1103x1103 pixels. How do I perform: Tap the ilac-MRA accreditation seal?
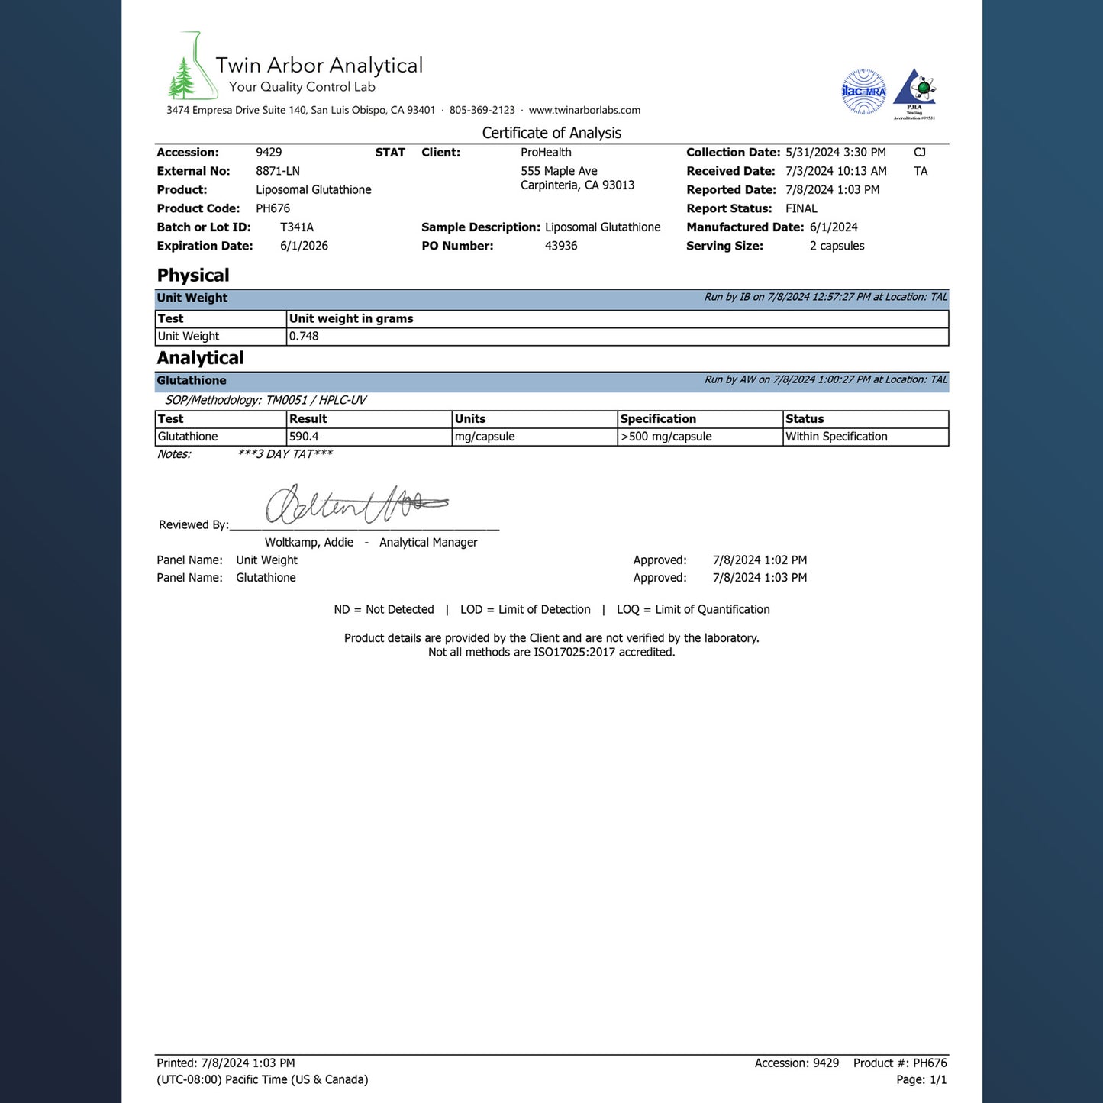pyautogui.click(x=863, y=92)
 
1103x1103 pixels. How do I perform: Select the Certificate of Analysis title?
pyautogui.click(x=551, y=133)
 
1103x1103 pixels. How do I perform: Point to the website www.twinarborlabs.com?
pyautogui.click(x=584, y=110)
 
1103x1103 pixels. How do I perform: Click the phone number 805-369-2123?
pyautogui.click(x=482, y=110)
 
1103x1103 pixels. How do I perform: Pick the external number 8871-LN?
pyautogui.click(x=277, y=171)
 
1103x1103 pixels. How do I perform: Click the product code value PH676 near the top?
pyautogui.click(x=273, y=208)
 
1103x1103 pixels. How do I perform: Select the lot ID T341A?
pyautogui.click(x=297, y=227)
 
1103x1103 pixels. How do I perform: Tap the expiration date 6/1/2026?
pyautogui.click(x=304, y=246)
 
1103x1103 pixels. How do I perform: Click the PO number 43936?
pyautogui.click(x=561, y=246)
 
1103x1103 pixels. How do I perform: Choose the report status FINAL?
pyautogui.click(x=801, y=208)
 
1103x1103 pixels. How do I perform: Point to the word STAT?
pyautogui.click(x=390, y=153)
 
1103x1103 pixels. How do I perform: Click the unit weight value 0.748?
pyautogui.click(x=304, y=337)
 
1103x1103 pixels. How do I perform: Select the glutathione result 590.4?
pyautogui.click(x=304, y=437)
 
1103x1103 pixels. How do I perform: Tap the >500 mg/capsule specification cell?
pyautogui.click(x=666, y=437)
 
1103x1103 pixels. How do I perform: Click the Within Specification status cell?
pyautogui.click(x=836, y=437)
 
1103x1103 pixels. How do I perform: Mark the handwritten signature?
pyautogui.click(x=355, y=505)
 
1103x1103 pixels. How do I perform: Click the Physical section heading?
pyautogui.click(x=193, y=276)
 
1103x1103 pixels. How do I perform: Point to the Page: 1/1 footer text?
pyautogui.click(x=921, y=1079)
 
